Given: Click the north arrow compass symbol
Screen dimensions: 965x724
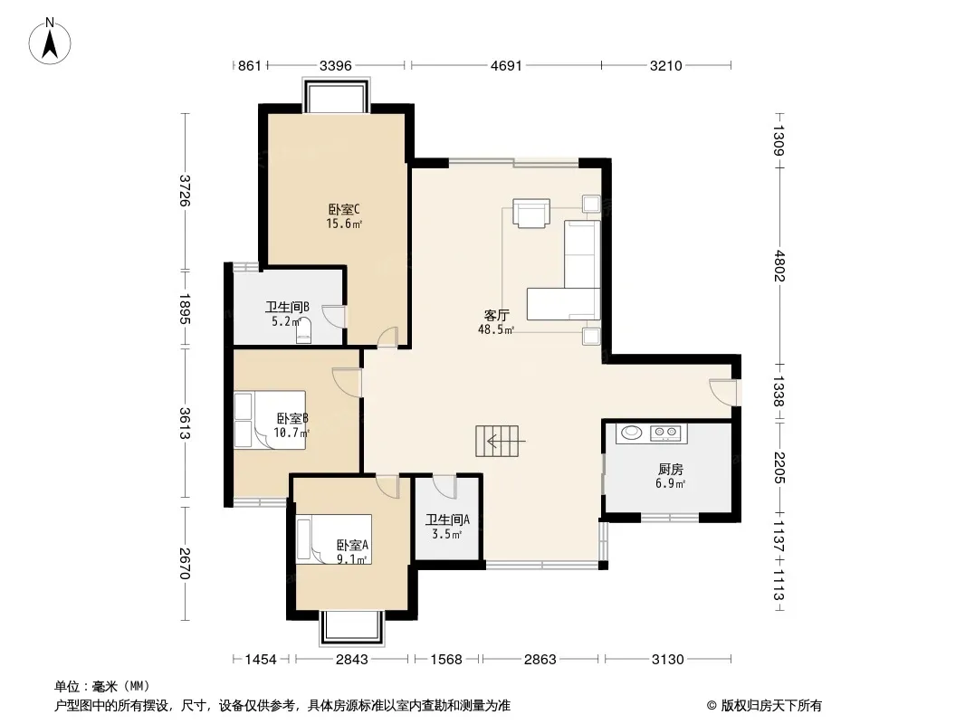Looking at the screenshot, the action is click(x=50, y=42).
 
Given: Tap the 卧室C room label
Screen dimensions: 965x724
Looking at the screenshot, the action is click(x=343, y=209).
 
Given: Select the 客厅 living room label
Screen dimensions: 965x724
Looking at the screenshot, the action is click(x=496, y=316).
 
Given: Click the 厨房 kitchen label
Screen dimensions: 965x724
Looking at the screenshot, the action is click(x=670, y=470).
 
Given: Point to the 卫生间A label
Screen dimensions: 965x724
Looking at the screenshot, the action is click(x=447, y=519).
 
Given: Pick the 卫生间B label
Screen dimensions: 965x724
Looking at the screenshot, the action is click(x=287, y=306).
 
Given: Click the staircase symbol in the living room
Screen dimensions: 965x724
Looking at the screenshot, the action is click(x=497, y=441).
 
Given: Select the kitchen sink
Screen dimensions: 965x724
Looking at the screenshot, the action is click(x=631, y=433).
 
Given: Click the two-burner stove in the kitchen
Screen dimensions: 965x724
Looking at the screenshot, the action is click(x=666, y=433).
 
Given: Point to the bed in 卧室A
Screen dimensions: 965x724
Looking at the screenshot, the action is click(x=333, y=538).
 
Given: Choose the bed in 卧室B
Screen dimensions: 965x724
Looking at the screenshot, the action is click(x=270, y=420).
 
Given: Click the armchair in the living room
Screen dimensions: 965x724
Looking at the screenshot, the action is click(x=531, y=213).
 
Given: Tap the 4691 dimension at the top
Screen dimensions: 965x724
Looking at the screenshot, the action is click(x=506, y=65).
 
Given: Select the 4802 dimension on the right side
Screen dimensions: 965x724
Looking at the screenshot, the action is click(x=779, y=266).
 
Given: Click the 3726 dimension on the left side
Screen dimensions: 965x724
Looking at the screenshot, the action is click(x=185, y=191).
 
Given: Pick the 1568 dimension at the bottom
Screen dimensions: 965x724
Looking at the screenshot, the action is click(x=446, y=660).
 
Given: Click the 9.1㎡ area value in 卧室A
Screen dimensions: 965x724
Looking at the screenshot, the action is click(x=352, y=559).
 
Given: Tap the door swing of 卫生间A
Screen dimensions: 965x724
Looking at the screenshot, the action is click(x=444, y=487).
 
